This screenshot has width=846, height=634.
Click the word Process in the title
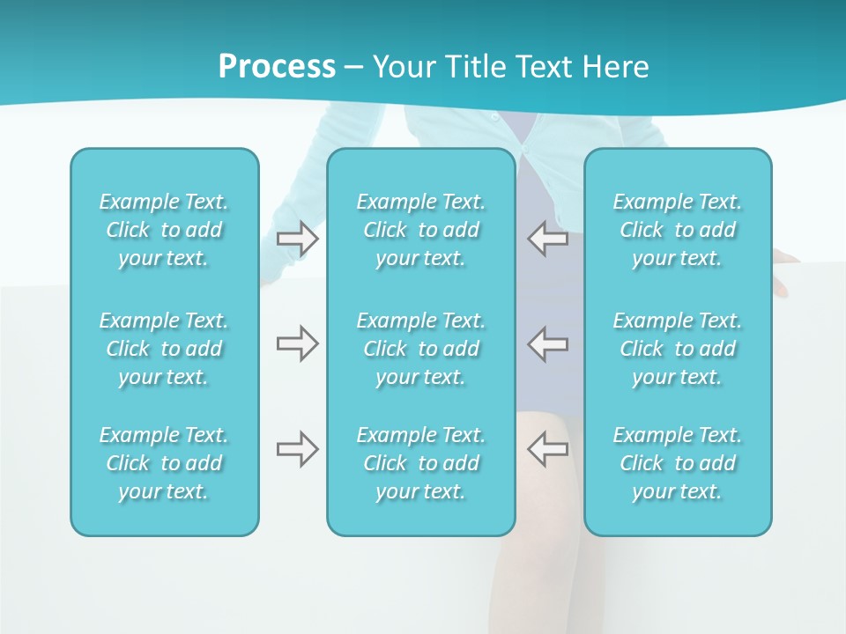(277, 67)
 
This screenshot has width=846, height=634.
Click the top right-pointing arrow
(298, 239)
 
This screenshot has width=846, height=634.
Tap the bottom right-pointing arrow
(298, 449)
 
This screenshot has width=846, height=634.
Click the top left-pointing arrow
(547, 239)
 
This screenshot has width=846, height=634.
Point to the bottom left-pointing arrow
(547, 449)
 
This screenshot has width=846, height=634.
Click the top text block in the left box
(164, 230)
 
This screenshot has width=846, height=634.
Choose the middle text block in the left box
(164, 349)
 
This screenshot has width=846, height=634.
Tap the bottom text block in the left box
(164, 463)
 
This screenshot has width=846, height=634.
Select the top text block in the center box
(421, 230)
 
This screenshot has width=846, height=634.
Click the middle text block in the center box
(421, 349)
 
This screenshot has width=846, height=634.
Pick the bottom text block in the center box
(421, 463)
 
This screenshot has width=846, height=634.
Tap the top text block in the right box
(678, 230)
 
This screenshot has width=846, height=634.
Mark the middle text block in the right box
(678, 349)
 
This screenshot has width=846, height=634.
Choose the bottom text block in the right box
(678, 463)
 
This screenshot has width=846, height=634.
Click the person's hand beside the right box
(784, 259)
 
